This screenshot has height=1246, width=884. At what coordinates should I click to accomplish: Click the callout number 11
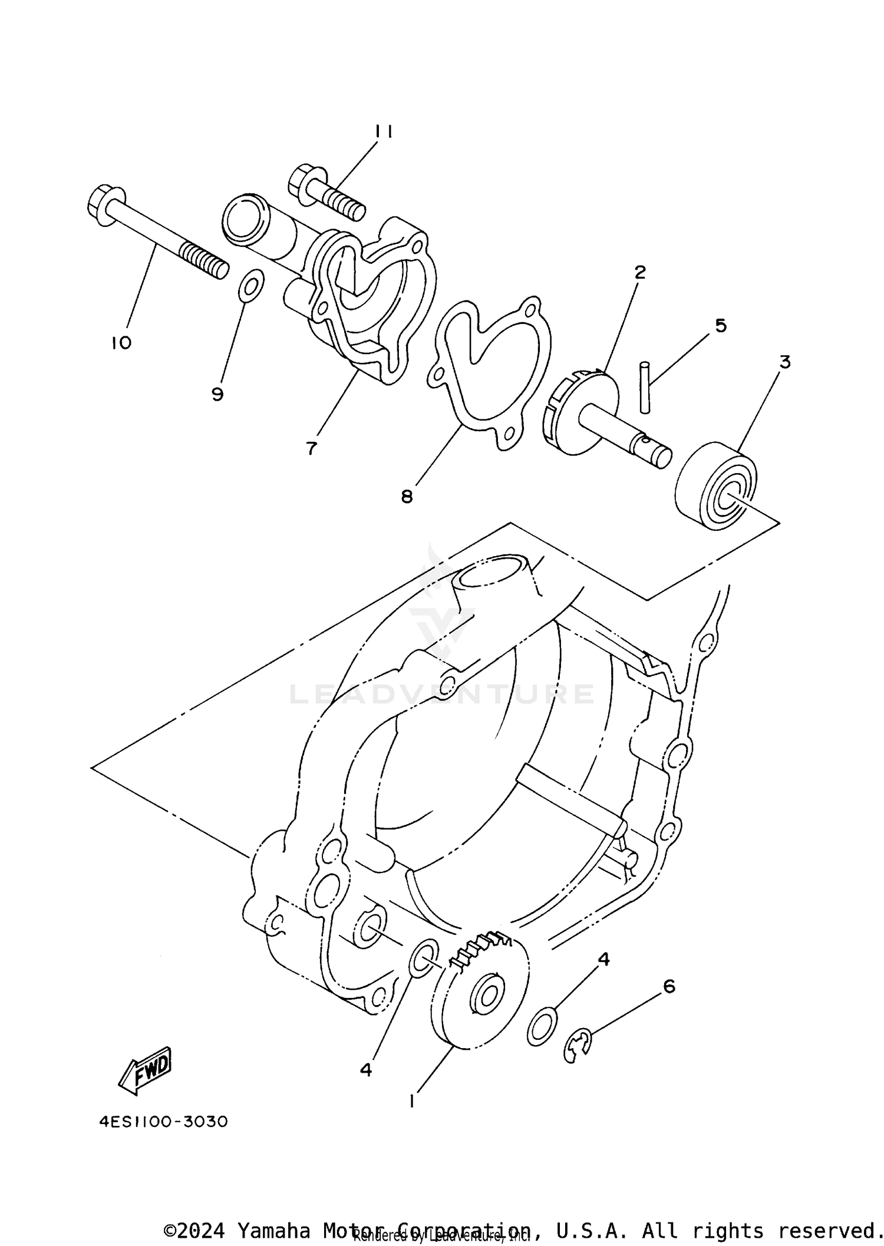[x=384, y=131]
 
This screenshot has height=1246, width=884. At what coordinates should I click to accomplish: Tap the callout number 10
[x=121, y=343]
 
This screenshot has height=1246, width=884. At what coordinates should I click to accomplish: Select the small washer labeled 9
[x=252, y=285]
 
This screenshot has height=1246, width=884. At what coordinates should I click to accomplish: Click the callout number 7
[x=311, y=448]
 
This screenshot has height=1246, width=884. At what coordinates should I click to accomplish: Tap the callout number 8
[x=407, y=497]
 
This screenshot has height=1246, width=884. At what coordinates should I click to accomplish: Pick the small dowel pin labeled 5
[x=646, y=387]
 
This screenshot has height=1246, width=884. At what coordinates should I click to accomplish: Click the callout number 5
[x=721, y=325]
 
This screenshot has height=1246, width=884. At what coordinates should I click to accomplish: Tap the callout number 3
[x=784, y=362]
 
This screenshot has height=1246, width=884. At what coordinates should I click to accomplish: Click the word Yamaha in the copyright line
[x=273, y=1227]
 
